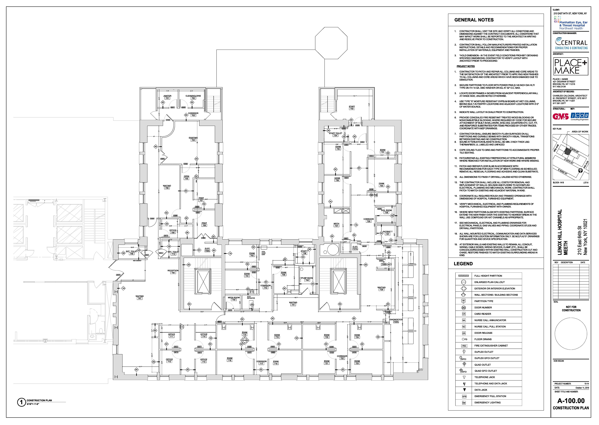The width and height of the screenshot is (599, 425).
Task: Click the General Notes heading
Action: (474, 20)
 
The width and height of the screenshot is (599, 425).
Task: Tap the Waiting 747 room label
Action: (139, 297)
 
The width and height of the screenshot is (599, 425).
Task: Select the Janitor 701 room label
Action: (167, 97)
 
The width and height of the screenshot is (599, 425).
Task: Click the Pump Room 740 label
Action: (307, 279)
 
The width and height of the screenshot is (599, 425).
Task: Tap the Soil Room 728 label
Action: (386, 211)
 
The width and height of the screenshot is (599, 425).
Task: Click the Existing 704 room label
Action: (193, 139)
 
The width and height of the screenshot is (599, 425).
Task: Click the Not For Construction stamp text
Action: (571, 309)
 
